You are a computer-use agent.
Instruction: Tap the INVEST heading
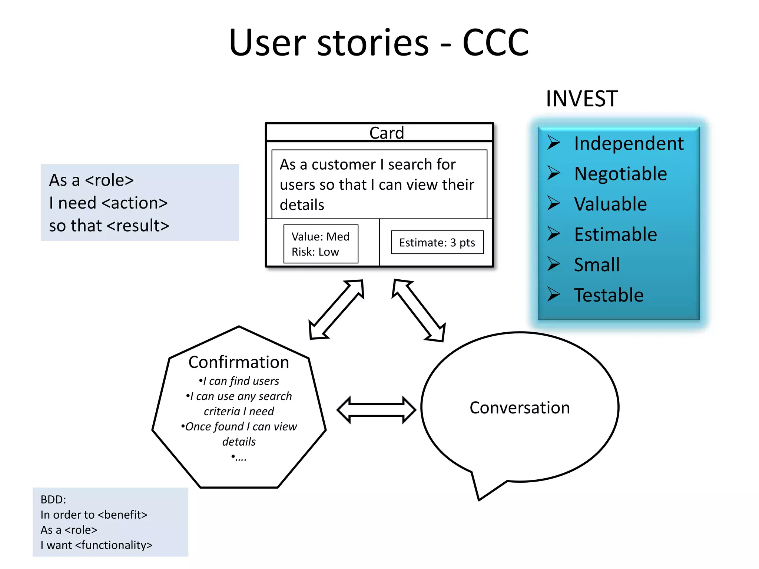click(581, 99)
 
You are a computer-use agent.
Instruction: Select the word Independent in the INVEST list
click(629, 143)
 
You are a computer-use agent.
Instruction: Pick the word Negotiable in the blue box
click(620, 174)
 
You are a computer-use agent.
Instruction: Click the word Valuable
click(610, 204)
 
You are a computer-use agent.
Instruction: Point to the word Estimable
click(616, 234)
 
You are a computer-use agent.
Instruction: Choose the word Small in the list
click(597, 265)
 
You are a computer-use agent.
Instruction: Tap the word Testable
click(609, 295)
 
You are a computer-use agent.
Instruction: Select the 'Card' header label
click(386, 133)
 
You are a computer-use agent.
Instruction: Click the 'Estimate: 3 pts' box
click(437, 243)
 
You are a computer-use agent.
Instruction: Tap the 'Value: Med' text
click(320, 236)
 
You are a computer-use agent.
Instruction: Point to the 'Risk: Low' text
click(315, 252)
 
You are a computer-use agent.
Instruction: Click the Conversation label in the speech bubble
click(520, 407)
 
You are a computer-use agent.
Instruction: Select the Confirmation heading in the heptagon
click(239, 362)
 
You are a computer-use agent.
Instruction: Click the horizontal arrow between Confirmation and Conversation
click(376, 410)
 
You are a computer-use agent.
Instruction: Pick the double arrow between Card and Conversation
click(419, 310)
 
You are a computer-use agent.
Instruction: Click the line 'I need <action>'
click(108, 203)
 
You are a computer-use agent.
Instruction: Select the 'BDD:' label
click(53, 499)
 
